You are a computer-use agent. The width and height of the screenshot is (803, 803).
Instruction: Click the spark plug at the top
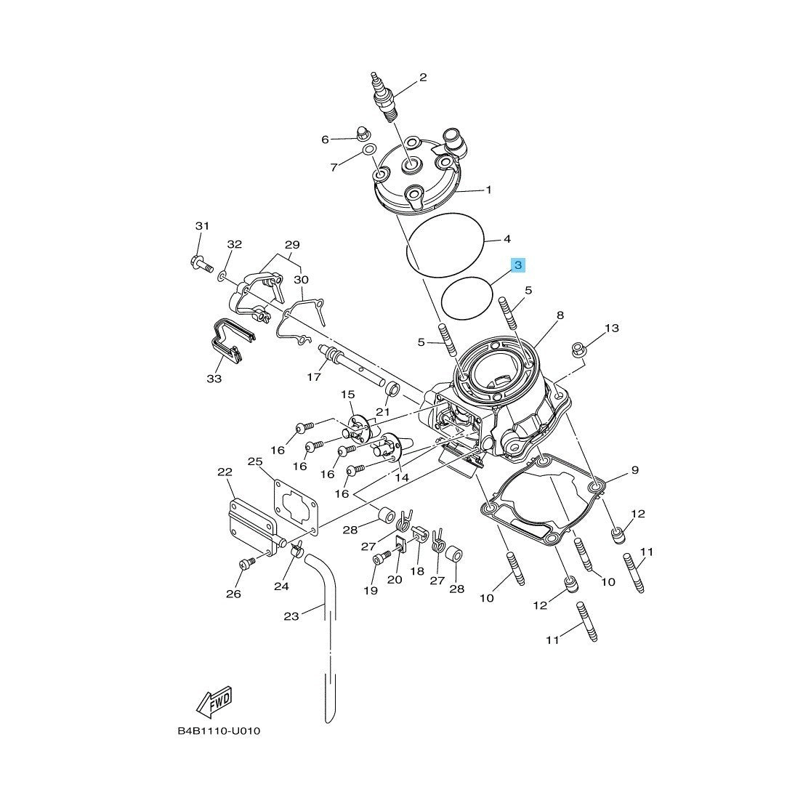click(383, 98)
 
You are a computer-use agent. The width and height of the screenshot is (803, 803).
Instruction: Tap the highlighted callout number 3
click(518, 265)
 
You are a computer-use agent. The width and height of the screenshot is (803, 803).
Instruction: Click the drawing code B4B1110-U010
click(219, 731)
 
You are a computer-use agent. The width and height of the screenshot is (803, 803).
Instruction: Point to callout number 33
click(214, 379)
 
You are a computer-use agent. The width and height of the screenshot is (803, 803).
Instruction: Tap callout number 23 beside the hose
click(291, 616)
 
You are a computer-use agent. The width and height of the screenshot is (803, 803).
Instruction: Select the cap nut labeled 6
click(363, 134)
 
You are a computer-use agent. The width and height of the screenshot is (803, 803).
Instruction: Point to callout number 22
click(225, 472)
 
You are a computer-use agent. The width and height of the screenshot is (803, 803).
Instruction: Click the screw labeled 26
click(246, 565)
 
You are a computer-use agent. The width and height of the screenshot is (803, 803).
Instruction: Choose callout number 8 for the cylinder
click(560, 315)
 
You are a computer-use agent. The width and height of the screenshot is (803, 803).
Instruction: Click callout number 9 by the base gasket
click(635, 469)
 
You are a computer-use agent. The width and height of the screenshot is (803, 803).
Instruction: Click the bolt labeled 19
click(382, 558)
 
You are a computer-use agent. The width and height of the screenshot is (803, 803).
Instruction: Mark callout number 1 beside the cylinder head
click(488, 190)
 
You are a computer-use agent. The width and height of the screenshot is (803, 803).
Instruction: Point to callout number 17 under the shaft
click(313, 377)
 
